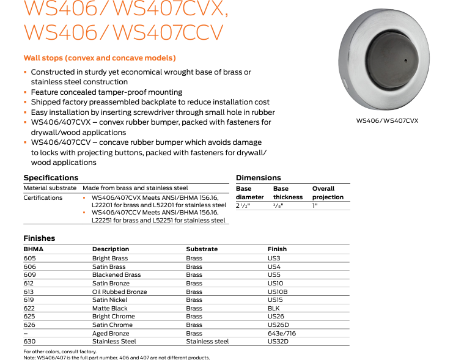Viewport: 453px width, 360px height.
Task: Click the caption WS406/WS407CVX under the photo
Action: (x=388, y=120)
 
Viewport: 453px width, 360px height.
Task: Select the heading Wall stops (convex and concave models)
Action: (x=100, y=58)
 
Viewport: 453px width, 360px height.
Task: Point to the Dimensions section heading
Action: (x=259, y=178)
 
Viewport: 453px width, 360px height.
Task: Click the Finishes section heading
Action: (x=39, y=238)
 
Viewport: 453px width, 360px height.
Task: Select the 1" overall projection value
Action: (x=315, y=205)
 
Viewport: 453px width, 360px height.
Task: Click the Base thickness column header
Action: (x=288, y=193)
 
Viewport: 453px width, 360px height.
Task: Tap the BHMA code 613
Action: (x=30, y=292)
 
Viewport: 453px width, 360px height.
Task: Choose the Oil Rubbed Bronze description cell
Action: (x=120, y=292)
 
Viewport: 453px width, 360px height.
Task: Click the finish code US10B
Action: (x=278, y=292)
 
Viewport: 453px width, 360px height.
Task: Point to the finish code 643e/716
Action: (x=282, y=333)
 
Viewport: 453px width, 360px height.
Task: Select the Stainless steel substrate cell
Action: (x=207, y=342)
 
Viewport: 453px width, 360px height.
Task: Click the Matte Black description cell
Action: (x=110, y=309)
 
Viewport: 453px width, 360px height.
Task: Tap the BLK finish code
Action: (x=274, y=309)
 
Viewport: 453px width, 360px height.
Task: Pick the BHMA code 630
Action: (x=30, y=342)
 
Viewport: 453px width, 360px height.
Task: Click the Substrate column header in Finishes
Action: (x=202, y=249)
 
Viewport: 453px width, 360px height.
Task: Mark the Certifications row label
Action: (x=43, y=197)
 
